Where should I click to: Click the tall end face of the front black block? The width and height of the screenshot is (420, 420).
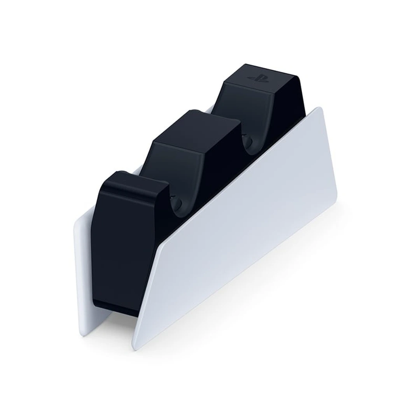(x=113, y=253)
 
